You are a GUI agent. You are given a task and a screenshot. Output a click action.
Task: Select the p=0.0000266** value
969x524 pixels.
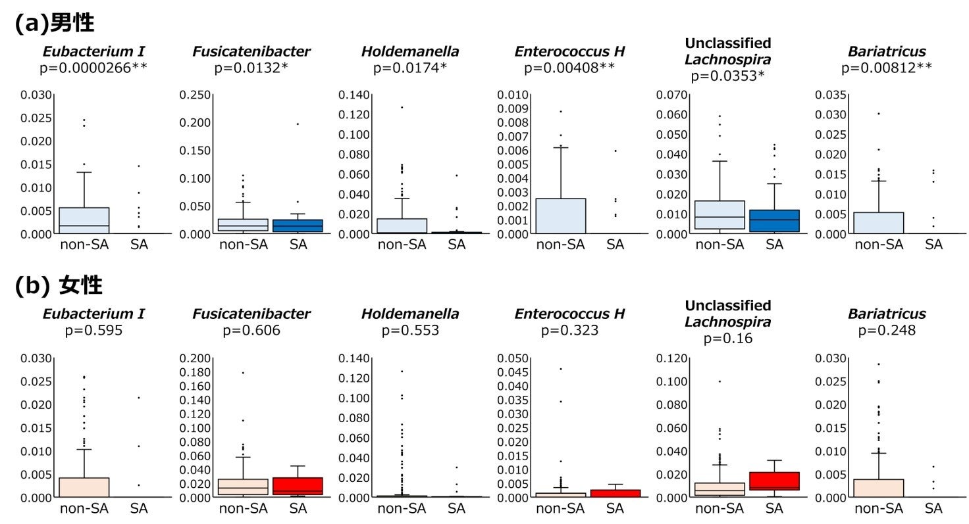coord(94,67)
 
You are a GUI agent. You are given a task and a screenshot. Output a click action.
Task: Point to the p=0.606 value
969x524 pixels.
coord(251,330)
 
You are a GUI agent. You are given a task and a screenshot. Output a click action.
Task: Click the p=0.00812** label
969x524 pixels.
coord(886,67)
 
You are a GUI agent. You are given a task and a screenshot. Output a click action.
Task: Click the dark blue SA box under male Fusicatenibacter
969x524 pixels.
coord(298,226)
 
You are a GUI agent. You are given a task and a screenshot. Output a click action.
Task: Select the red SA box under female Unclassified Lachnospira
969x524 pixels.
coord(774,481)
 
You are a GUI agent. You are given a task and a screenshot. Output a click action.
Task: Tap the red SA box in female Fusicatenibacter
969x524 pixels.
coord(298,486)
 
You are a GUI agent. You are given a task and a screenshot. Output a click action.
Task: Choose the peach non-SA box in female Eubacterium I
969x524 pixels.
coord(84,487)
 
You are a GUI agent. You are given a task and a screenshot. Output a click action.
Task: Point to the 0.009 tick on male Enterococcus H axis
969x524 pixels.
coord(512,108)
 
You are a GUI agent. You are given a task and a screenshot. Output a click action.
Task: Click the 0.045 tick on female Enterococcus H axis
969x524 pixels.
coord(512,372)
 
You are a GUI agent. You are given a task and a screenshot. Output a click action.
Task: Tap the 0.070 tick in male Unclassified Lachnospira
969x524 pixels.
coord(671,95)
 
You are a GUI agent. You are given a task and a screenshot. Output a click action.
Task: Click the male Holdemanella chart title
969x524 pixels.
coord(410,51)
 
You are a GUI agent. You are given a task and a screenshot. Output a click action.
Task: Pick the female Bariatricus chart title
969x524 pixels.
coord(886,314)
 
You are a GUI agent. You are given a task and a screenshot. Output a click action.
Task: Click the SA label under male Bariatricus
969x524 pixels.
coord(933,245)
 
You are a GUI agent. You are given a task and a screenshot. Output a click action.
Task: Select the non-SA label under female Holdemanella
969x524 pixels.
coord(402,508)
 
